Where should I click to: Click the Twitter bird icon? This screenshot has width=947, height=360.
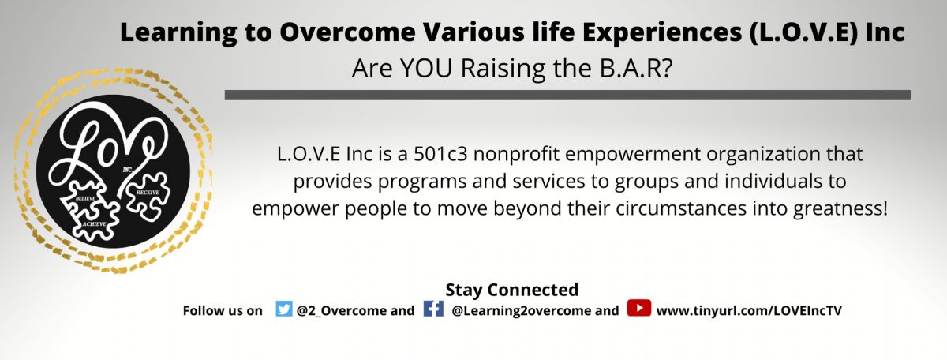(283, 309)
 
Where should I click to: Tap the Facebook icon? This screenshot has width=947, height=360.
(433, 309)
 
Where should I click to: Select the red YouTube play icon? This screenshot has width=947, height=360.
(638, 308)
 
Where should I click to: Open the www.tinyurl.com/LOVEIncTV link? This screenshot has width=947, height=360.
(749, 311)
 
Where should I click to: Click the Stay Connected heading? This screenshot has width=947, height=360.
(512, 290)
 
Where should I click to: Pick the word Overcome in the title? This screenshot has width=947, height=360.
(347, 32)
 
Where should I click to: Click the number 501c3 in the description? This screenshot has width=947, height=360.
(440, 154)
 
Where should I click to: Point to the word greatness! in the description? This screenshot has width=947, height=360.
(840, 209)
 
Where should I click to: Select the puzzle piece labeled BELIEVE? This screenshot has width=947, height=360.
(84, 197)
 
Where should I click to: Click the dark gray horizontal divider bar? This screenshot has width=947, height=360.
(567, 95)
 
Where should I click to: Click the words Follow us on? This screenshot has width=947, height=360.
(223, 311)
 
